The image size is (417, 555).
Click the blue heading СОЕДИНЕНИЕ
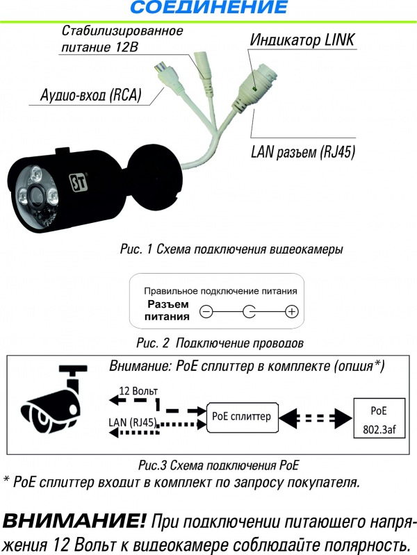click(x=209, y=7)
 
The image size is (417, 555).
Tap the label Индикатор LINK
click(x=302, y=40)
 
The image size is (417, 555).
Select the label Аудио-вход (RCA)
click(x=91, y=95)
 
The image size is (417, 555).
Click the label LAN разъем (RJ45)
click(x=303, y=152)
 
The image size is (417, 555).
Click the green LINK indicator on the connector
click(x=254, y=88)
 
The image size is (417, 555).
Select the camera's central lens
click(x=35, y=193)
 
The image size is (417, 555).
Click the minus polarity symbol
click(x=206, y=311)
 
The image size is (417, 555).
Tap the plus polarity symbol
click(x=292, y=311)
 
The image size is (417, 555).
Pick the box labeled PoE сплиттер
click(x=242, y=417)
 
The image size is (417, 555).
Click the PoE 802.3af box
click(x=379, y=418)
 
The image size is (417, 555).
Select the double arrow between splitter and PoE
click(x=316, y=418)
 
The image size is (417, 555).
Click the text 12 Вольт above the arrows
click(x=138, y=391)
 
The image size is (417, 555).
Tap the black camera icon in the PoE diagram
click(x=54, y=400)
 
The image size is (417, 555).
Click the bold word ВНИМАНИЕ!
click(x=74, y=521)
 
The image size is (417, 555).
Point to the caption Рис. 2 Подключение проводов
click(x=220, y=343)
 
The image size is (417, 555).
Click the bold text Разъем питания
click(x=167, y=310)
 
